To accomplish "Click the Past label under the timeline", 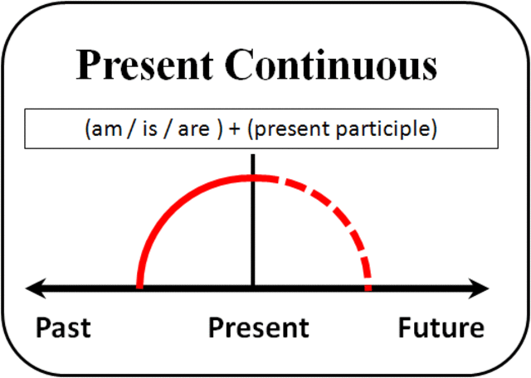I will (63, 327).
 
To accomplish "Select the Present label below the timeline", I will (258, 327).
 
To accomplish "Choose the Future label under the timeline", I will (441, 327).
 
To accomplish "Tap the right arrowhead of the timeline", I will (483, 288).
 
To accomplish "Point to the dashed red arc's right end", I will (368, 286).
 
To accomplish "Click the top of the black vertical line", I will (252, 156).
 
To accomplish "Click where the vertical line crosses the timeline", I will (252, 288).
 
